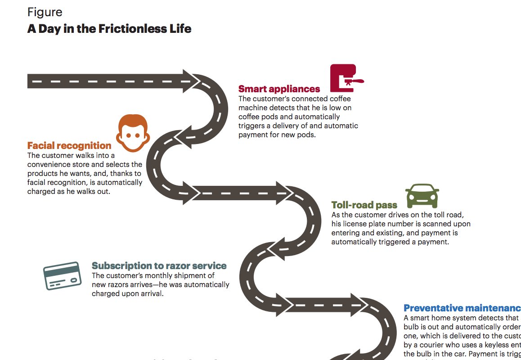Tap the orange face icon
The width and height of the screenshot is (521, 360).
pos(133,132)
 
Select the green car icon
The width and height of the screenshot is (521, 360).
pos(422,195)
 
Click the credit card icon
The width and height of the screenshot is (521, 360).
pos(62,275)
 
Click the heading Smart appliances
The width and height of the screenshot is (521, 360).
pos(279,89)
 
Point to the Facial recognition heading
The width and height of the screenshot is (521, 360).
pos(69,146)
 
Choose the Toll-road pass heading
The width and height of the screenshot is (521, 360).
pos(364,205)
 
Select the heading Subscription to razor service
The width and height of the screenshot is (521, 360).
pos(159,266)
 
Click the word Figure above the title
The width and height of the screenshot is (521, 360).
pos(45,12)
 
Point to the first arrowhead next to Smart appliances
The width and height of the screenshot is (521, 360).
pos(191,81)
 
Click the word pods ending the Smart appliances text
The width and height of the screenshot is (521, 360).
pos(307,135)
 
